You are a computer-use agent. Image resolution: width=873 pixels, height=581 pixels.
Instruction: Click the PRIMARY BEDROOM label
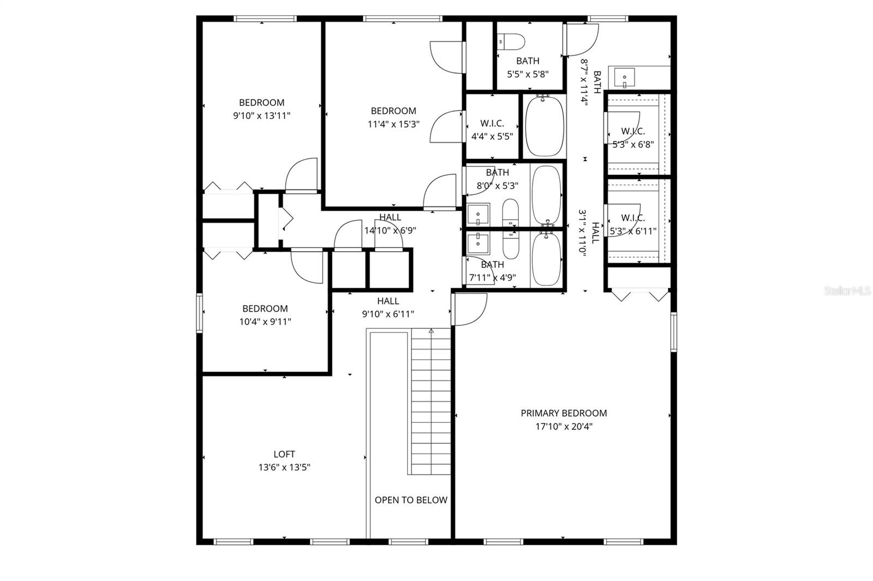tap(564, 413)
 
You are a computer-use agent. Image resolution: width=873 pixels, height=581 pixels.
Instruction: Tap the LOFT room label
tap(284, 454)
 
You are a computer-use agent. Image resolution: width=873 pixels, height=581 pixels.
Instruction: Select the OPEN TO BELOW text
tap(411, 500)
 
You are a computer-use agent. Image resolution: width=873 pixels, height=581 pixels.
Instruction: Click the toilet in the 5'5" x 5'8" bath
tap(512, 41)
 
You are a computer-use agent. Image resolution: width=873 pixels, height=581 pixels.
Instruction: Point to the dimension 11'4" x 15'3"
tap(393, 124)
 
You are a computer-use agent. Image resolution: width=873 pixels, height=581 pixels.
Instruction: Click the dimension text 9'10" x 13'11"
tap(261, 116)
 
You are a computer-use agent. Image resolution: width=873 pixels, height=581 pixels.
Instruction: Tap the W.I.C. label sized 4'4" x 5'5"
tap(492, 123)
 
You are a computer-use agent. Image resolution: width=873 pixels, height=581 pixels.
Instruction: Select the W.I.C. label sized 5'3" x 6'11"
tap(633, 218)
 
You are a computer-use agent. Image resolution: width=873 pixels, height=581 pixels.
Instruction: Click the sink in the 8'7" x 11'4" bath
tap(624, 77)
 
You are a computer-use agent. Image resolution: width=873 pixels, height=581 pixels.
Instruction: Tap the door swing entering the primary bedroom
tap(470, 310)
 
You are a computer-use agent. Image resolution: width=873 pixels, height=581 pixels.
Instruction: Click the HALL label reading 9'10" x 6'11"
tap(388, 301)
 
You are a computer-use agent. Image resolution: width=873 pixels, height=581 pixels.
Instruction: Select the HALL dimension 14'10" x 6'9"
tap(390, 230)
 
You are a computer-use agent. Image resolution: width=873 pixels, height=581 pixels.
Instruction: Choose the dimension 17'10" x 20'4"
tap(564, 426)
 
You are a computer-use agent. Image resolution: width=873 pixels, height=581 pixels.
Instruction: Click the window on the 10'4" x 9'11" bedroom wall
tap(200, 313)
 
